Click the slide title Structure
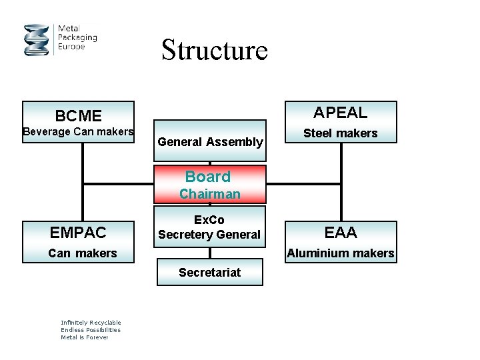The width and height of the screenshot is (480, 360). pyautogui.click(x=214, y=50)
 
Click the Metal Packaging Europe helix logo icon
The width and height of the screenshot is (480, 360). pyautogui.click(x=37, y=40)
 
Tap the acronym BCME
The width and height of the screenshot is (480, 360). pyautogui.click(x=78, y=116)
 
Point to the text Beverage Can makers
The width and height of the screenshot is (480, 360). pyautogui.click(x=78, y=132)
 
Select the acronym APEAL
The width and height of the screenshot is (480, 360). pyautogui.click(x=340, y=112)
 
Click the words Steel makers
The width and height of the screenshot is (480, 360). pyautogui.click(x=340, y=133)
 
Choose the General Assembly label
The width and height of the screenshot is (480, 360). pyautogui.click(x=210, y=141)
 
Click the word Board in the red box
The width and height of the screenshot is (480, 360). pyautogui.click(x=208, y=177)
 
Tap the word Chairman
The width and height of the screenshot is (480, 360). pyautogui.click(x=210, y=194)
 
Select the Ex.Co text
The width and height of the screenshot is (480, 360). pyautogui.click(x=209, y=220)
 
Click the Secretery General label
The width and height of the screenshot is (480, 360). pyautogui.click(x=209, y=235)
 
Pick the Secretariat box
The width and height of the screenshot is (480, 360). pyautogui.click(x=210, y=272)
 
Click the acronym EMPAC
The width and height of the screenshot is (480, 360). pyautogui.click(x=78, y=233)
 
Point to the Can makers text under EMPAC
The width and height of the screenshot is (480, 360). pyautogui.click(x=83, y=253)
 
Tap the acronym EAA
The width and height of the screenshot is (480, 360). pyautogui.click(x=341, y=233)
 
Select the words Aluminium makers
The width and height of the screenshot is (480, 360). pyautogui.click(x=341, y=253)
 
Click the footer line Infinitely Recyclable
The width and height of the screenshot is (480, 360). pyautogui.click(x=91, y=323)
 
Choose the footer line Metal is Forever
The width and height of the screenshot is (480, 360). pyautogui.click(x=84, y=337)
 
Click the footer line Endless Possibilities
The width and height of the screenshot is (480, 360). pyautogui.click(x=91, y=330)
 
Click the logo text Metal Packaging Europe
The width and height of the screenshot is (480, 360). pyautogui.click(x=77, y=38)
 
